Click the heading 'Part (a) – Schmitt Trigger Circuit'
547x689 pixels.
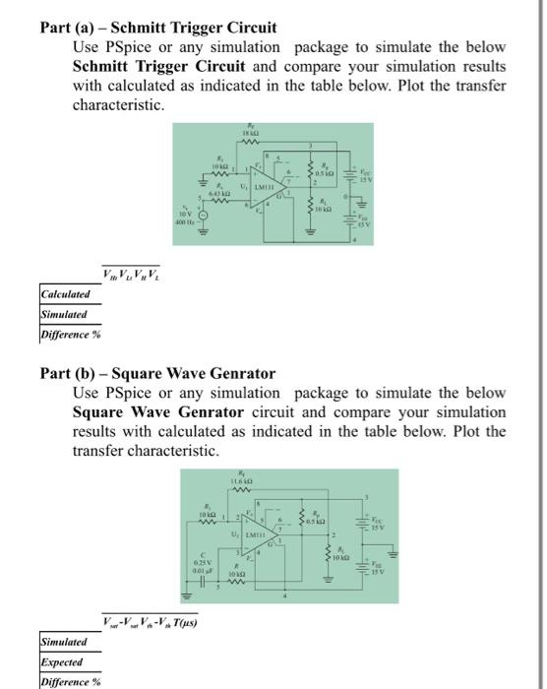(x=158, y=28)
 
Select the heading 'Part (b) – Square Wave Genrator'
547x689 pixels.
(x=157, y=373)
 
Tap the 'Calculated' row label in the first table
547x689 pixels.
(x=65, y=294)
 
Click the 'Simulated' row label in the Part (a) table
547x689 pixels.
(x=64, y=314)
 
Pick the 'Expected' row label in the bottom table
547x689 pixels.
(x=61, y=662)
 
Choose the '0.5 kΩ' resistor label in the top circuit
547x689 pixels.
(x=328, y=178)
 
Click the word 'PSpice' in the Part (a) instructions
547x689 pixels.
(x=120, y=48)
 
